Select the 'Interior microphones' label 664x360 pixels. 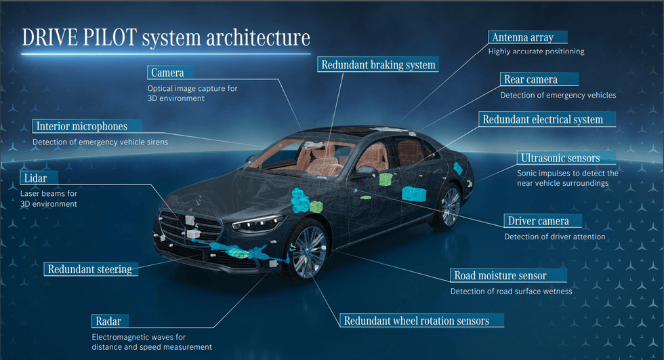pyautogui.click(x=81, y=126)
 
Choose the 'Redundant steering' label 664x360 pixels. pyautogui.click(x=89, y=269)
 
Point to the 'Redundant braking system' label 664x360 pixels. pyautogui.click(x=378, y=65)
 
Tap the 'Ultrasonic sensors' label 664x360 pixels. pyautogui.click(x=560, y=158)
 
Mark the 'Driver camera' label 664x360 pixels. pyautogui.click(x=539, y=221)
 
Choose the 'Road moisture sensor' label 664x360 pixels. pyautogui.click(x=500, y=275)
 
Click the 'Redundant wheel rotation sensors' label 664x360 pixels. pyautogui.click(x=416, y=321)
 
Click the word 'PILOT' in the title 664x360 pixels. pyautogui.click(x=109, y=38)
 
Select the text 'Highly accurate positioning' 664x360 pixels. pyautogui.click(x=537, y=52)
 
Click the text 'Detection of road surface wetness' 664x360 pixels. pyautogui.click(x=512, y=292)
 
